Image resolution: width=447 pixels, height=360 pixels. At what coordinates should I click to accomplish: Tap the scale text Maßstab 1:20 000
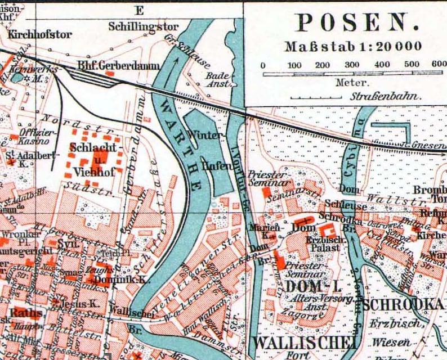pos(352,47)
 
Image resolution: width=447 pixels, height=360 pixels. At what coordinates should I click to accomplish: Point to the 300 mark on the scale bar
pos(352,65)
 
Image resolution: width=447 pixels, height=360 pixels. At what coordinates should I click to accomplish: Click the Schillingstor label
pos(143,26)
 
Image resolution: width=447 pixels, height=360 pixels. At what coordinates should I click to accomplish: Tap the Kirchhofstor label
pos(39,34)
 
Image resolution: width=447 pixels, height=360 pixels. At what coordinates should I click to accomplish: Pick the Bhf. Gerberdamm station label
pos(118,66)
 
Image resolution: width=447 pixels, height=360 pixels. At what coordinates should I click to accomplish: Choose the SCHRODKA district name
pos(404,305)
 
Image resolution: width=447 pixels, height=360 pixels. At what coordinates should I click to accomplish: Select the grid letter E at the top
pos(139,10)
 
